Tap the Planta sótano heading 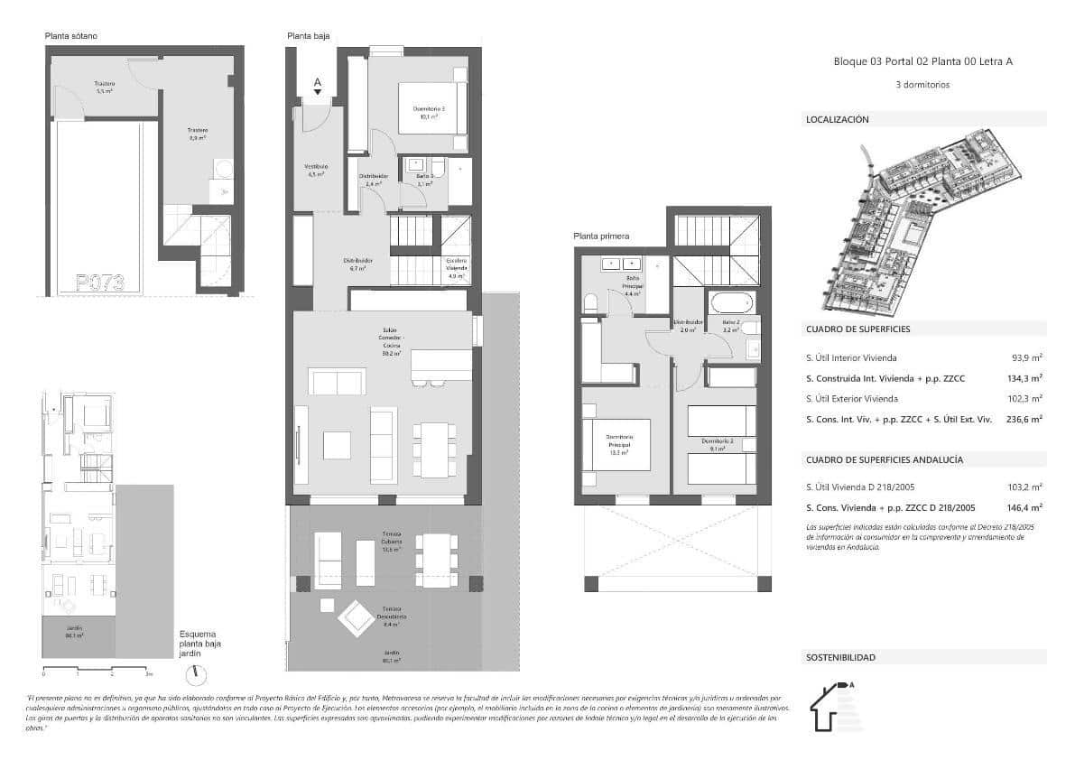(x=71, y=36)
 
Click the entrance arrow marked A (x=317, y=86)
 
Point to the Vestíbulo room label (x=317, y=171)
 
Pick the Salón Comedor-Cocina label (x=390, y=342)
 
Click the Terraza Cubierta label (x=391, y=546)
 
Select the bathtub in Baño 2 (x=730, y=301)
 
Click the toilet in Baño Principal (x=591, y=301)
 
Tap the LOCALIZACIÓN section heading (x=837, y=119)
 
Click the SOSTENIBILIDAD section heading (x=839, y=658)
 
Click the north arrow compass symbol (x=196, y=674)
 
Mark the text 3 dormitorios (x=922, y=85)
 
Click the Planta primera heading (x=601, y=236)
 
